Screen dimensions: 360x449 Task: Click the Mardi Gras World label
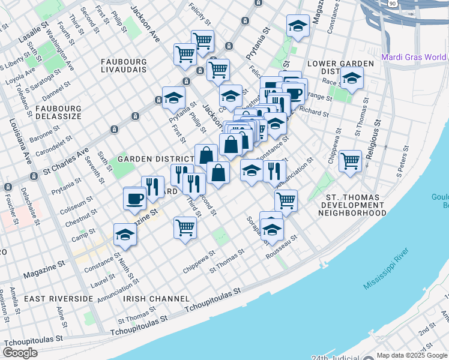point(414,58)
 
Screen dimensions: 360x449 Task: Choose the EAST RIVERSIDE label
point(59,298)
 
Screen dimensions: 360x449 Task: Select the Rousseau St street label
point(282,247)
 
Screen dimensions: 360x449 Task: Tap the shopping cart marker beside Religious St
point(350,160)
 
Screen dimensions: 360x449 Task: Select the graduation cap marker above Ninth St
point(125,235)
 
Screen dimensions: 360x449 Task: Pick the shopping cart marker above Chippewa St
point(185,227)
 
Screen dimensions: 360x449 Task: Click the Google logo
point(20,352)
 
